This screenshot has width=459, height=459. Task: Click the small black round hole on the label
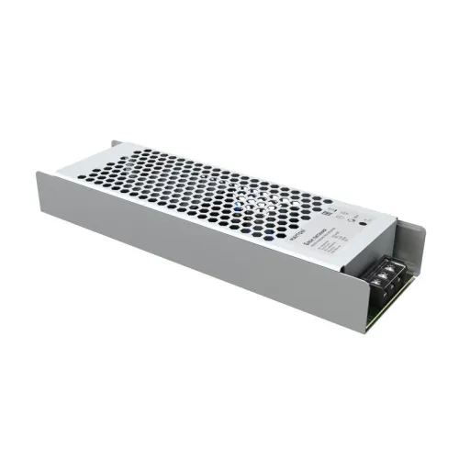pos(363,223)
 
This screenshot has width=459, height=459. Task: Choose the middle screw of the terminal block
pos(382,275)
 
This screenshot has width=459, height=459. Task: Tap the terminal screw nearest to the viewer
pos(375,282)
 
